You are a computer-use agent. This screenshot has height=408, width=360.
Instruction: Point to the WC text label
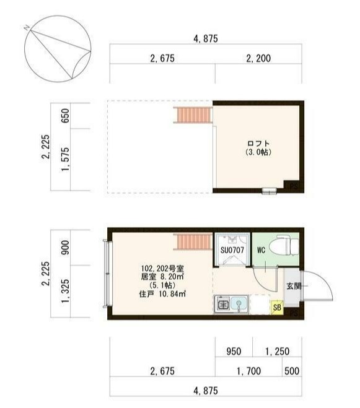coord(261,250)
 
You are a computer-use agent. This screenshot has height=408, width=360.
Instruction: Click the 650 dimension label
coord(65,116)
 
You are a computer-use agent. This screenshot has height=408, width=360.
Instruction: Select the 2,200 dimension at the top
coord(258,59)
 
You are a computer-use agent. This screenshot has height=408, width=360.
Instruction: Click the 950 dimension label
coord(234,351)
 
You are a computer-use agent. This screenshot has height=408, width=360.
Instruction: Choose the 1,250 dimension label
coord(277,351)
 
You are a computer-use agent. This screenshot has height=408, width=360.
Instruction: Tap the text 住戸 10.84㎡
coord(163,293)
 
